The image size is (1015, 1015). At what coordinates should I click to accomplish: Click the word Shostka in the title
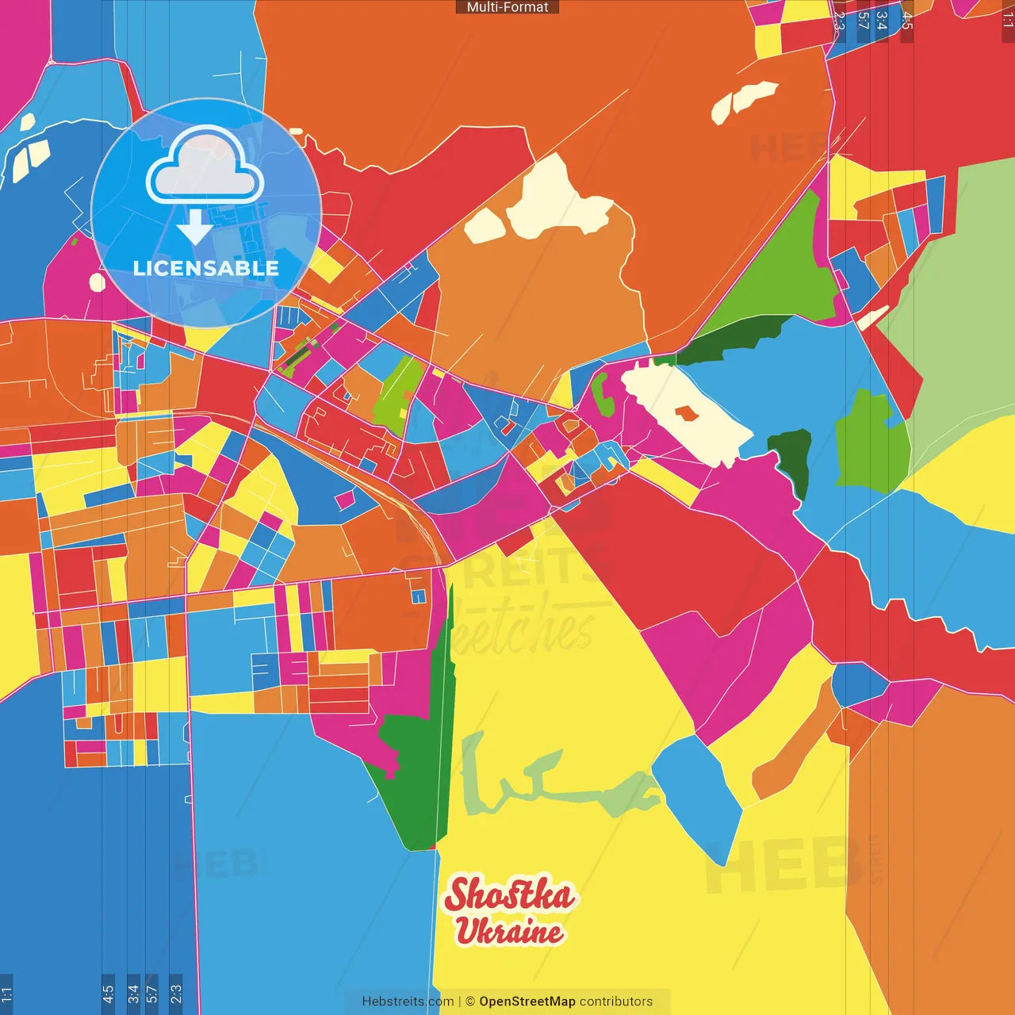click(x=509, y=894)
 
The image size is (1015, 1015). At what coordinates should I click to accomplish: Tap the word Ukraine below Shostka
click(x=509, y=931)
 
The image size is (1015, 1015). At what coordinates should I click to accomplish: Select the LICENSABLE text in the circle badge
click(x=205, y=268)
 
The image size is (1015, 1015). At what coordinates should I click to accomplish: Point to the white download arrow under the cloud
click(x=194, y=227)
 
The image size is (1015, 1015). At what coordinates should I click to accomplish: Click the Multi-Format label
click(x=507, y=7)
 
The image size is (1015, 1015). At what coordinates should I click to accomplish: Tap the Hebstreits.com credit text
click(x=408, y=1002)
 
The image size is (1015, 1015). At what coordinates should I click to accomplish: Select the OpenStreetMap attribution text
click(x=527, y=1002)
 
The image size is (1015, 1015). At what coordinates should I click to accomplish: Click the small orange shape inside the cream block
click(x=687, y=413)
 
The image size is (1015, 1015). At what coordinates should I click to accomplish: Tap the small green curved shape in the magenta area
click(x=603, y=394)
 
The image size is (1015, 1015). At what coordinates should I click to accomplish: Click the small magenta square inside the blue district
click(x=345, y=500)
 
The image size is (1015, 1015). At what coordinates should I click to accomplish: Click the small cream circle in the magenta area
click(x=98, y=282)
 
